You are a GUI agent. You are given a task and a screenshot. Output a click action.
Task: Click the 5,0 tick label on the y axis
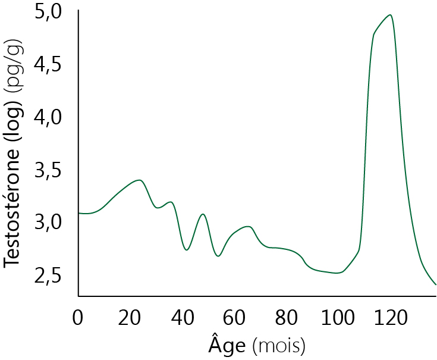48,13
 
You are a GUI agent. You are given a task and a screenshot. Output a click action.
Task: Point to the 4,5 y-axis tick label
48,65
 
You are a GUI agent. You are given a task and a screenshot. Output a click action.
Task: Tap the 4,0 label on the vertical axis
48,118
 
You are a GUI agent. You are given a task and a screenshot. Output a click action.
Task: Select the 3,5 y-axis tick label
48,171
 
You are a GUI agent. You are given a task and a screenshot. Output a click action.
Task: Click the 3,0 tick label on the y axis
48,223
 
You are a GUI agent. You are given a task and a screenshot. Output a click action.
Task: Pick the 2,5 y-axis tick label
48,276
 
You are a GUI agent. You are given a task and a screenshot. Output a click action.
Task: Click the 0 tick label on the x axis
78,317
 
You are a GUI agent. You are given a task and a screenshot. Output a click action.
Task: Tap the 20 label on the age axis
131,317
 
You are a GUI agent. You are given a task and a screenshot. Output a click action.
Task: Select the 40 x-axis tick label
183,317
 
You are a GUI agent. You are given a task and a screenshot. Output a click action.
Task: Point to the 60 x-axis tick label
235,317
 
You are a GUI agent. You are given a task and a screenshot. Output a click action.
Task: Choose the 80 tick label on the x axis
287,317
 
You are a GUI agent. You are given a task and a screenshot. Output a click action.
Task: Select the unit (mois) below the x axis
278,345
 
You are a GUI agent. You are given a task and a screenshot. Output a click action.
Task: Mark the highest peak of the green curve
390,15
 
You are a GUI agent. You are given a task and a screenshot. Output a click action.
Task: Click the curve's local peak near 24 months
139,180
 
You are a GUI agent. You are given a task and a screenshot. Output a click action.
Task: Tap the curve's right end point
436,284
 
